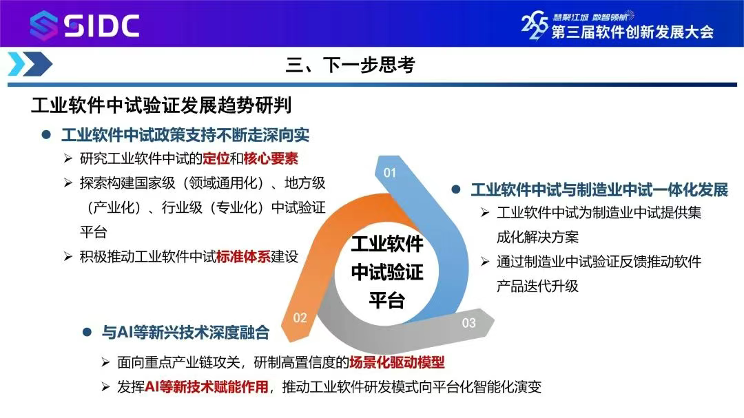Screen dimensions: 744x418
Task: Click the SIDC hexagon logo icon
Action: click(x=43, y=25)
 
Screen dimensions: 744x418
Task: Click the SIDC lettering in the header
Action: click(x=101, y=25)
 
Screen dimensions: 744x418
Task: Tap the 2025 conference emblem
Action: click(x=535, y=25)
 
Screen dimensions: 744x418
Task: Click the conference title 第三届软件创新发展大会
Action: click(x=632, y=32)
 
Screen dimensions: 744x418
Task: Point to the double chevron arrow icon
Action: click(x=30, y=64)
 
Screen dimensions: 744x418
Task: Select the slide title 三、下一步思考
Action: click(x=350, y=65)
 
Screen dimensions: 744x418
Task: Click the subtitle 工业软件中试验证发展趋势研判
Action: click(x=161, y=105)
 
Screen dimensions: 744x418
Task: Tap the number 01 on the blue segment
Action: click(x=389, y=173)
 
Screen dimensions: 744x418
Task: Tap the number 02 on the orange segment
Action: click(x=300, y=318)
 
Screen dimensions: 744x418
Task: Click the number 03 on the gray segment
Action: click(x=469, y=323)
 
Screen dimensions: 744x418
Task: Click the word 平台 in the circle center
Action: click(x=387, y=300)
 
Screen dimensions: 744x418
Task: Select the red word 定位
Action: click(x=216, y=158)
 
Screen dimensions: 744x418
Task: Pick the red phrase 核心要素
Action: click(x=271, y=158)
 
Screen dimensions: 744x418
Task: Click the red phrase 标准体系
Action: click(x=243, y=257)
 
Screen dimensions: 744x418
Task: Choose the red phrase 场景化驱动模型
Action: click(x=397, y=362)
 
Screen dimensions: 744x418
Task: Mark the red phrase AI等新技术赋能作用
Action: click(x=207, y=387)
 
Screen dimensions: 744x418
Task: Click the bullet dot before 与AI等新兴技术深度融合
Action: click(x=87, y=332)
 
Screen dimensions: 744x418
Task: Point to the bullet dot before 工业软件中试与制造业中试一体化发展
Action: click(x=456, y=190)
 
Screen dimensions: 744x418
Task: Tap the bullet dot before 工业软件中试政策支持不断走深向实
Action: click(x=46, y=135)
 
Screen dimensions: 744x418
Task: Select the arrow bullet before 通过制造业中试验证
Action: click(x=484, y=262)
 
